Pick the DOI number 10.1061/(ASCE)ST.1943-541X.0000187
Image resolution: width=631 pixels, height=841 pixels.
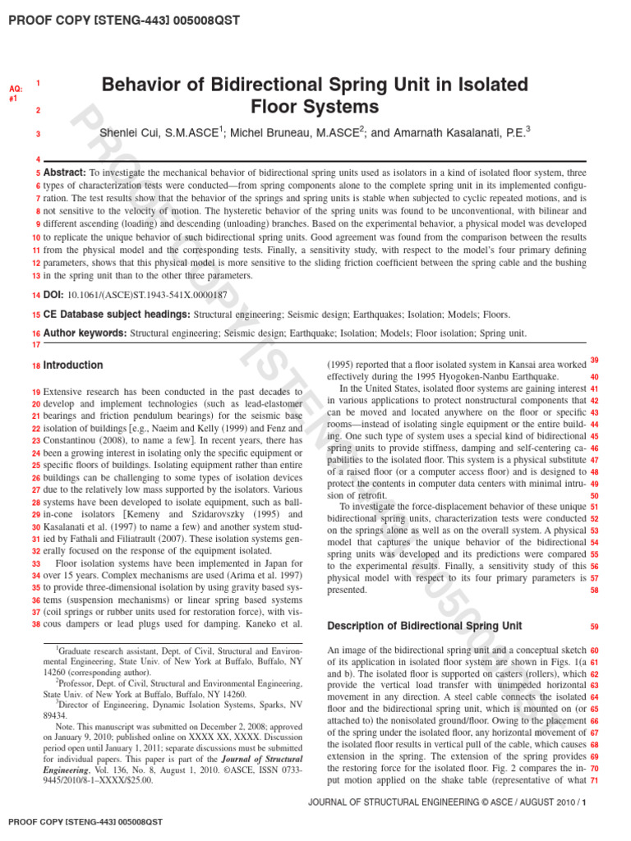(146, 294)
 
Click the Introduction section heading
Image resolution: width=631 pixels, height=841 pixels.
(73, 365)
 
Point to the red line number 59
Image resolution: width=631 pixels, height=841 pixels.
(594, 627)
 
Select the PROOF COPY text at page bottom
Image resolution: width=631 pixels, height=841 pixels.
(85, 821)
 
